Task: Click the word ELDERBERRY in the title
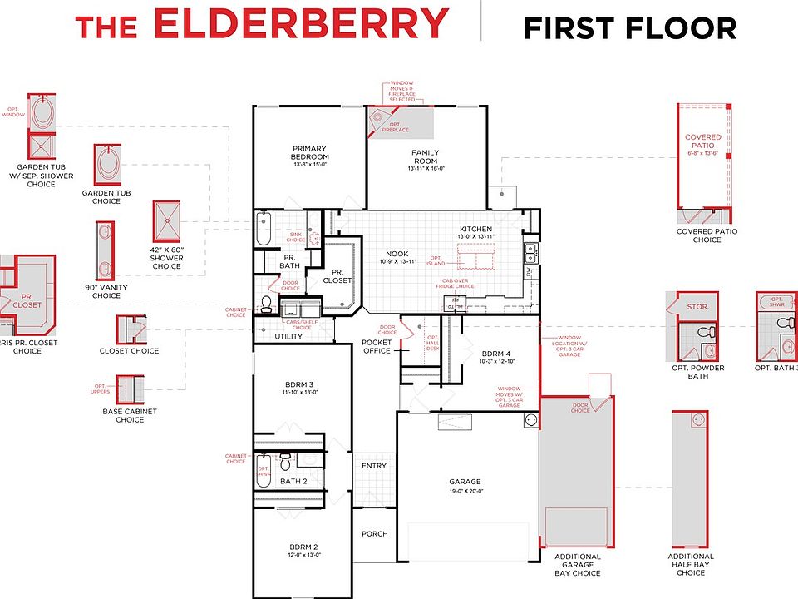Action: (300, 25)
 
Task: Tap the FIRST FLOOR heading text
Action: (629, 28)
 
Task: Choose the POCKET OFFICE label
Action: (377, 347)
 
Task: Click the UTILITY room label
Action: (288, 336)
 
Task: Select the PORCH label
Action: (375, 534)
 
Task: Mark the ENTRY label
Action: (374, 465)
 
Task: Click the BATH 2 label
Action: (293, 481)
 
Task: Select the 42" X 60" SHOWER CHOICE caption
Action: (166, 258)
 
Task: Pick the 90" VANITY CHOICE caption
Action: (106, 291)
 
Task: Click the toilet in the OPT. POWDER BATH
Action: (706, 332)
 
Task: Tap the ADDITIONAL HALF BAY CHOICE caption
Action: (691, 564)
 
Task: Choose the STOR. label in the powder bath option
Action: (697, 307)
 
